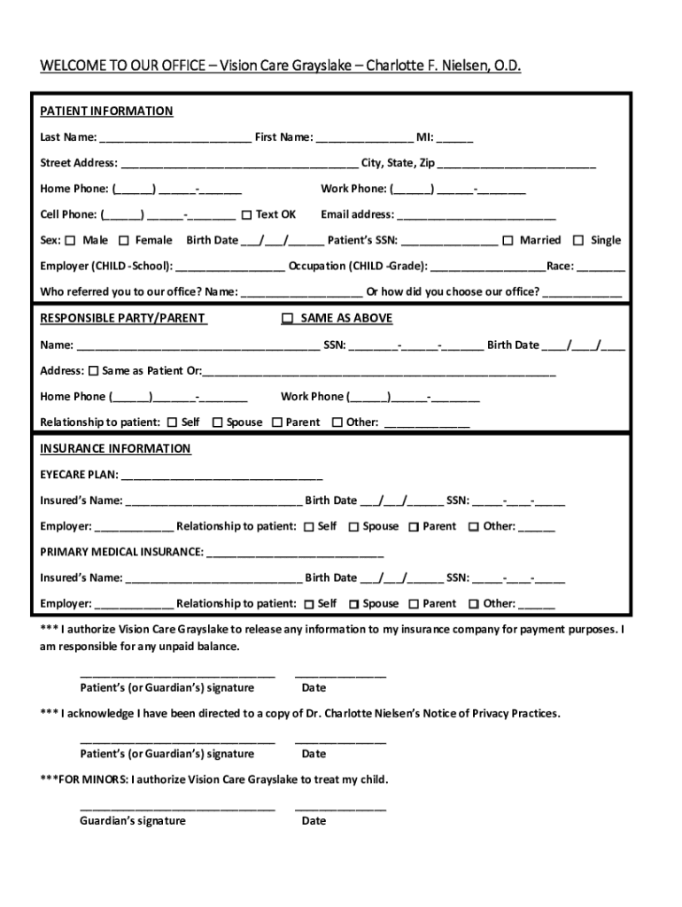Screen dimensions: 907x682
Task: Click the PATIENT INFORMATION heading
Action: point(106,112)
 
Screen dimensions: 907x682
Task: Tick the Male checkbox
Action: point(74,240)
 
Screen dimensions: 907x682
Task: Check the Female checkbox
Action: point(124,240)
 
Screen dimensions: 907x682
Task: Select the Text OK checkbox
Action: point(246,214)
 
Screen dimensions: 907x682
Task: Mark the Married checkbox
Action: point(508,240)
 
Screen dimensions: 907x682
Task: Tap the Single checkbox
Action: point(578,240)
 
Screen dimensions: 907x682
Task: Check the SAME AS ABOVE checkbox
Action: point(287,318)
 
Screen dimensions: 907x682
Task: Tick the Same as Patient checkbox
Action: point(93,370)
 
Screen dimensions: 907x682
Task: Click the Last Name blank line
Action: point(175,140)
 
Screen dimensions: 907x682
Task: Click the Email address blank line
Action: point(477,217)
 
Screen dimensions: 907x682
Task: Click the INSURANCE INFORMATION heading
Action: point(115,449)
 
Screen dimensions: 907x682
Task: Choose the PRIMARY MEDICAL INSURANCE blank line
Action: point(294,555)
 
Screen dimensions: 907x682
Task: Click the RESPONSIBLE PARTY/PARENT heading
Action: point(123,319)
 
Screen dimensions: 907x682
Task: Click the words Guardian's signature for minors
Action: point(133,821)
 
